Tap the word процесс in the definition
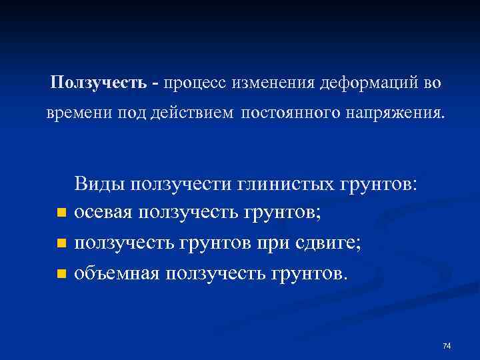pyautogui.click(x=193, y=83)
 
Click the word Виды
pyautogui.click(x=100, y=183)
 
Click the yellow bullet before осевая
pyautogui.click(x=61, y=214)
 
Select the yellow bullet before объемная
pyautogui.click(x=61, y=274)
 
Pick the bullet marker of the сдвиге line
pyautogui.click(x=61, y=244)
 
